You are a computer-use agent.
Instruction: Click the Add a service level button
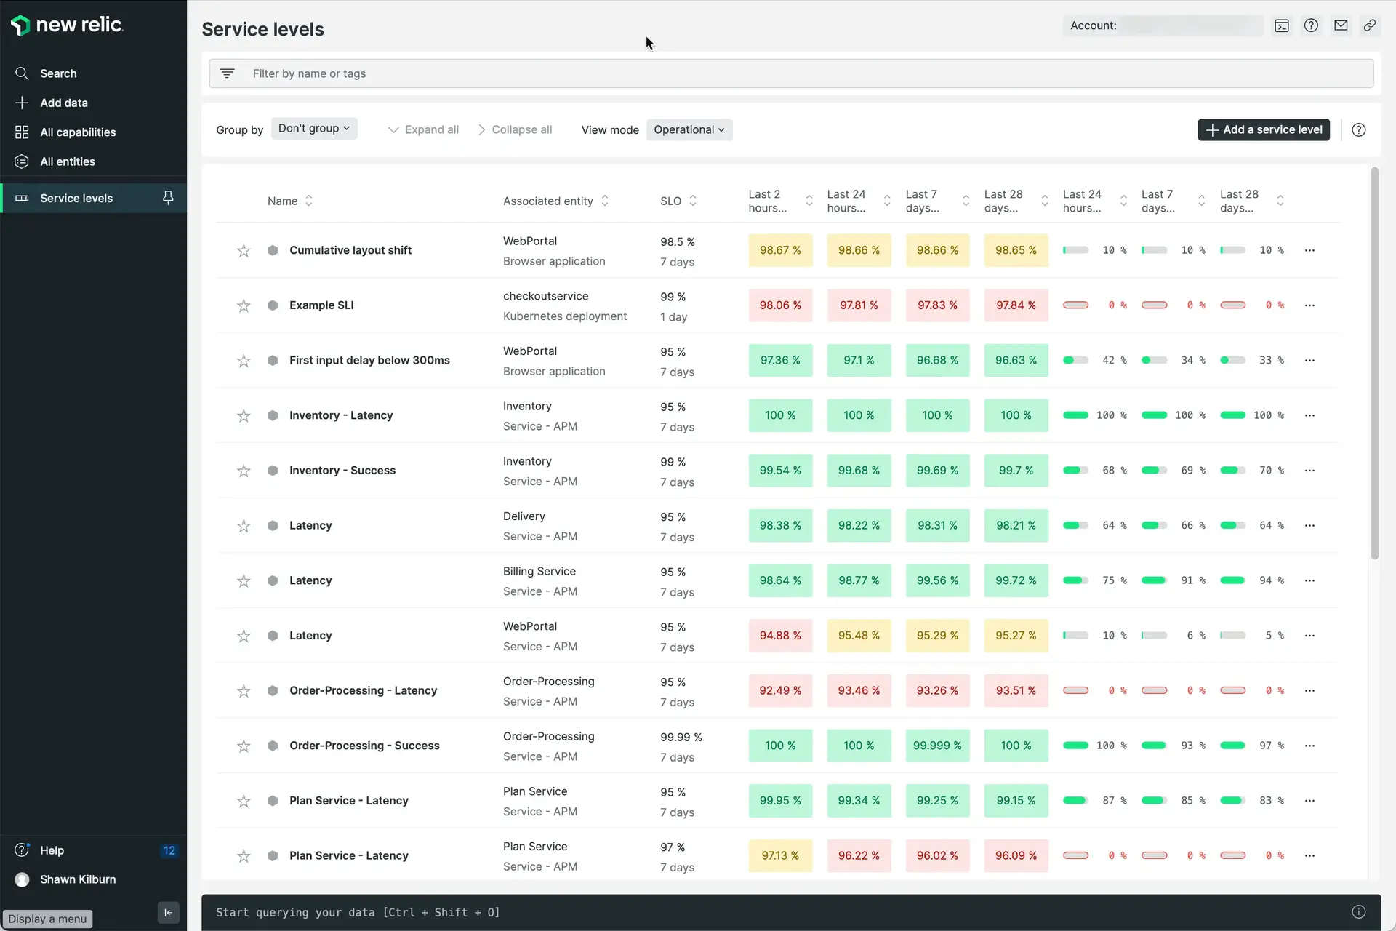tap(1263, 129)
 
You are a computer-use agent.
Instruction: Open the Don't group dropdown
tap(313, 129)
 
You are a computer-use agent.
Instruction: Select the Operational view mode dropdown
tap(689, 129)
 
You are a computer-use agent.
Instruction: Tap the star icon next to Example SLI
tap(244, 305)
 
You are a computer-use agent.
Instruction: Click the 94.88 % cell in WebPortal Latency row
tap(779, 636)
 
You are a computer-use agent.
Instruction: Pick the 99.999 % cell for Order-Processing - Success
tap(936, 746)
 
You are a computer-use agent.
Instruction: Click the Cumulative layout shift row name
tap(350, 250)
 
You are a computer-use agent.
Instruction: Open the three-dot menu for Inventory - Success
tap(1309, 471)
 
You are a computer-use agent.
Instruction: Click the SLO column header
tap(670, 201)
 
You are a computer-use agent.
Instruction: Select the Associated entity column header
tap(547, 201)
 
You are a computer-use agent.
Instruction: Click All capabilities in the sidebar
tap(78, 132)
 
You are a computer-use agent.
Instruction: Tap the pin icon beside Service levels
tap(168, 198)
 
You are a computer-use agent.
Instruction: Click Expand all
tap(424, 129)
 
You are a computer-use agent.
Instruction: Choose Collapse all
tap(515, 129)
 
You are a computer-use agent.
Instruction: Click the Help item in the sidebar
tap(52, 850)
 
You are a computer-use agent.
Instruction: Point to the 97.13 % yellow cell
tap(779, 855)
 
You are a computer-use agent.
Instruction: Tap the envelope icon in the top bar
tap(1341, 25)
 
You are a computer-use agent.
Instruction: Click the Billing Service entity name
tap(539, 572)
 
